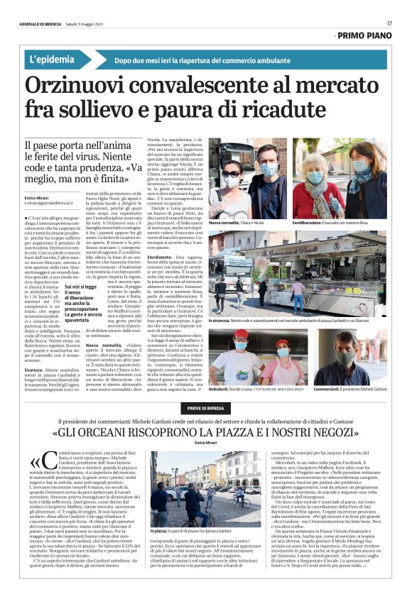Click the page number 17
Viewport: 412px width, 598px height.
click(390, 23)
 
